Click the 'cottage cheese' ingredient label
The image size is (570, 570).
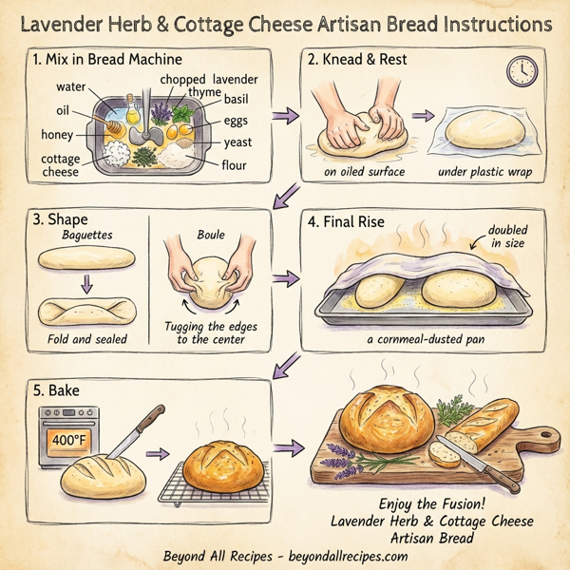(x=61, y=165)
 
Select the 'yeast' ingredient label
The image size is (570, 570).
(x=237, y=142)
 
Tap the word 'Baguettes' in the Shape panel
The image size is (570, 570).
(x=87, y=234)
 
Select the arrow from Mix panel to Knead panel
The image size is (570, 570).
(x=283, y=117)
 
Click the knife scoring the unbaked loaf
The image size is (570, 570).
(x=125, y=434)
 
